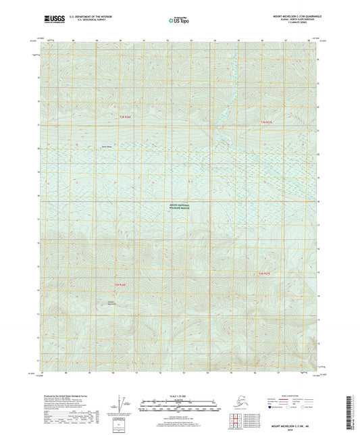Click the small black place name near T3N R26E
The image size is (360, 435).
[x=107, y=146]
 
